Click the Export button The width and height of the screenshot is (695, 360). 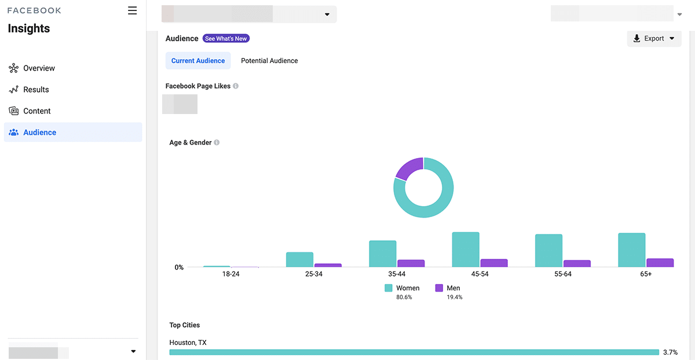coord(654,39)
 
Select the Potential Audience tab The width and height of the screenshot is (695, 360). coord(269,61)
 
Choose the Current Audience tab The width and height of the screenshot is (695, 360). coord(198,61)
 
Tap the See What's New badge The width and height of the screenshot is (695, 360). coord(226,39)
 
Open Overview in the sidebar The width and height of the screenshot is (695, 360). coord(39,68)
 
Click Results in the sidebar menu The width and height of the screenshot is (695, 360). coord(36,90)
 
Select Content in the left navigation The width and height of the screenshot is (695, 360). coord(37,111)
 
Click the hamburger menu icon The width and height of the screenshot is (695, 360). coord(133,10)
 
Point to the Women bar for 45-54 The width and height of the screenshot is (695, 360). coord(466,249)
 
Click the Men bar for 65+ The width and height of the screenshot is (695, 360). coord(660,263)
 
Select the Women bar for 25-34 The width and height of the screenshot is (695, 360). coord(299,259)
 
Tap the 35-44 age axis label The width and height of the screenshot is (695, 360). coord(397,274)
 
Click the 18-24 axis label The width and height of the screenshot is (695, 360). coord(231,274)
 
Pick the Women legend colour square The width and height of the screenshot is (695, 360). coord(388,288)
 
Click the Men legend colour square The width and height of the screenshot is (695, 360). coord(439,288)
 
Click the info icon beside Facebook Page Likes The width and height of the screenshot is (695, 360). coord(236,86)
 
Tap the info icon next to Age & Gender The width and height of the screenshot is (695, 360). coord(217,143)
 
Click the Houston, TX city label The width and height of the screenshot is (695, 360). coord(188,343)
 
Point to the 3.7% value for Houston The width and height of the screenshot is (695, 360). coord(670,352)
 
